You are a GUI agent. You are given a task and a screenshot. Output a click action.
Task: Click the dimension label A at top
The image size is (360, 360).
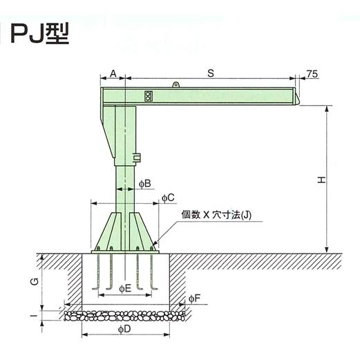pyautogui.click(x=113, y=71)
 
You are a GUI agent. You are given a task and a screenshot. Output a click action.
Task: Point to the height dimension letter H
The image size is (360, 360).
pyautogui.click(x=321, y=180)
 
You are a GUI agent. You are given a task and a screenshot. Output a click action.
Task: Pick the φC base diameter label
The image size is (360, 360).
pyautogui.click(x=168, y=198)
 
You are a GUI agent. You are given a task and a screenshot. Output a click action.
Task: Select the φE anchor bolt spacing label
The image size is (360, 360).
pyautogui.click(x=125, y=287)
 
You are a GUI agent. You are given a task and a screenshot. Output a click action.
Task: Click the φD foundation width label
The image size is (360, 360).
pyautogui.click(x=125, y=330)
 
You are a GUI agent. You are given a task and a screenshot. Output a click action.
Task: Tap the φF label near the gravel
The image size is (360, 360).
pyautogui.click(x=195, y=299)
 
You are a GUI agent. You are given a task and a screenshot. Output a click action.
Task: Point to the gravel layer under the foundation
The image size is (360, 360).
pyautogui.click(x=125, y=315)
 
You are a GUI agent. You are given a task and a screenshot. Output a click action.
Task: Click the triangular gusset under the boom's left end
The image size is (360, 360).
pyautogui.click(x=109, y=131)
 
